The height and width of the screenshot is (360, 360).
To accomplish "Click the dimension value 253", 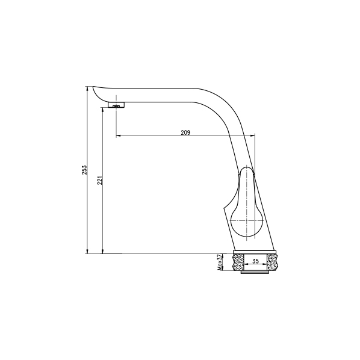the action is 84,170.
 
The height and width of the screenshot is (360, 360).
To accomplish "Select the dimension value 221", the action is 99,181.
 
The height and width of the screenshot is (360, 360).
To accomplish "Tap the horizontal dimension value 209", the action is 185,132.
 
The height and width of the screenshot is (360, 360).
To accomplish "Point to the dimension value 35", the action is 255,261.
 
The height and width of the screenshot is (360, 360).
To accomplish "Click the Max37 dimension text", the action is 220,262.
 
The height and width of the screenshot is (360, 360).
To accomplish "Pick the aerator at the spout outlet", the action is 116,105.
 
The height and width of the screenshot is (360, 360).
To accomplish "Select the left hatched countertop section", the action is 238,262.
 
